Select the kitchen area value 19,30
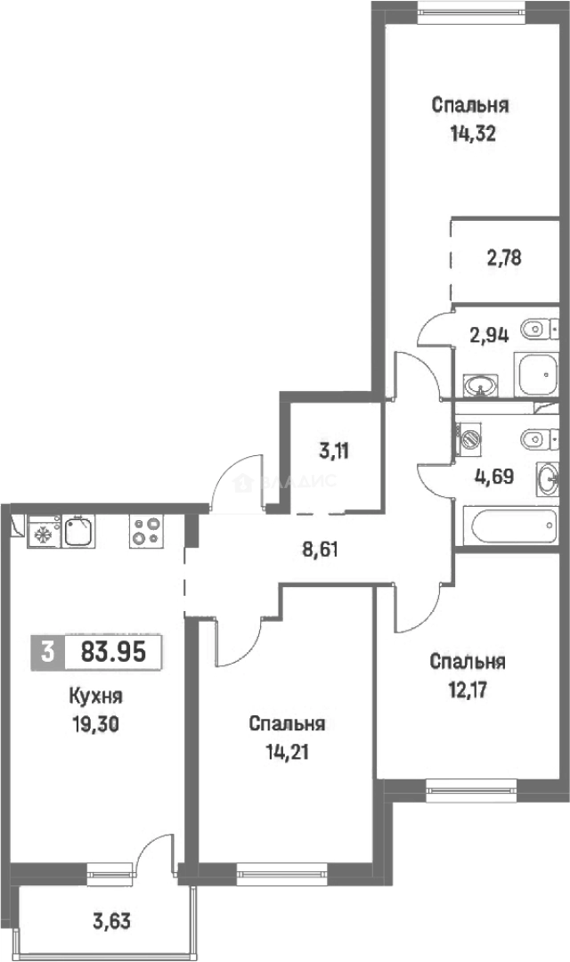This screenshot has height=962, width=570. [94, 724]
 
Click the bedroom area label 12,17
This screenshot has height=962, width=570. [468, 689]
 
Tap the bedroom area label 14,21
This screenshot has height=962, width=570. [287, 750]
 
